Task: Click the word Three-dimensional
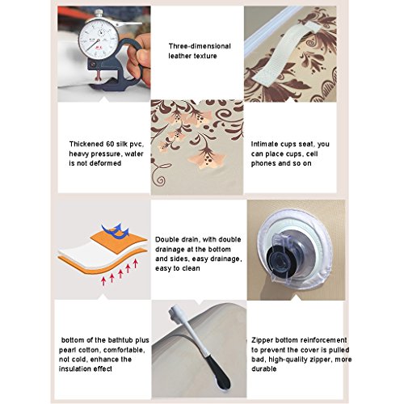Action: [x=200, y=46]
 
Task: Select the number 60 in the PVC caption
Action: [x=111, y=144]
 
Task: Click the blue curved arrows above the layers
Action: [x=116, y=231]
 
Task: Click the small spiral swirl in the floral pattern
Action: [x=160, y=180]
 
